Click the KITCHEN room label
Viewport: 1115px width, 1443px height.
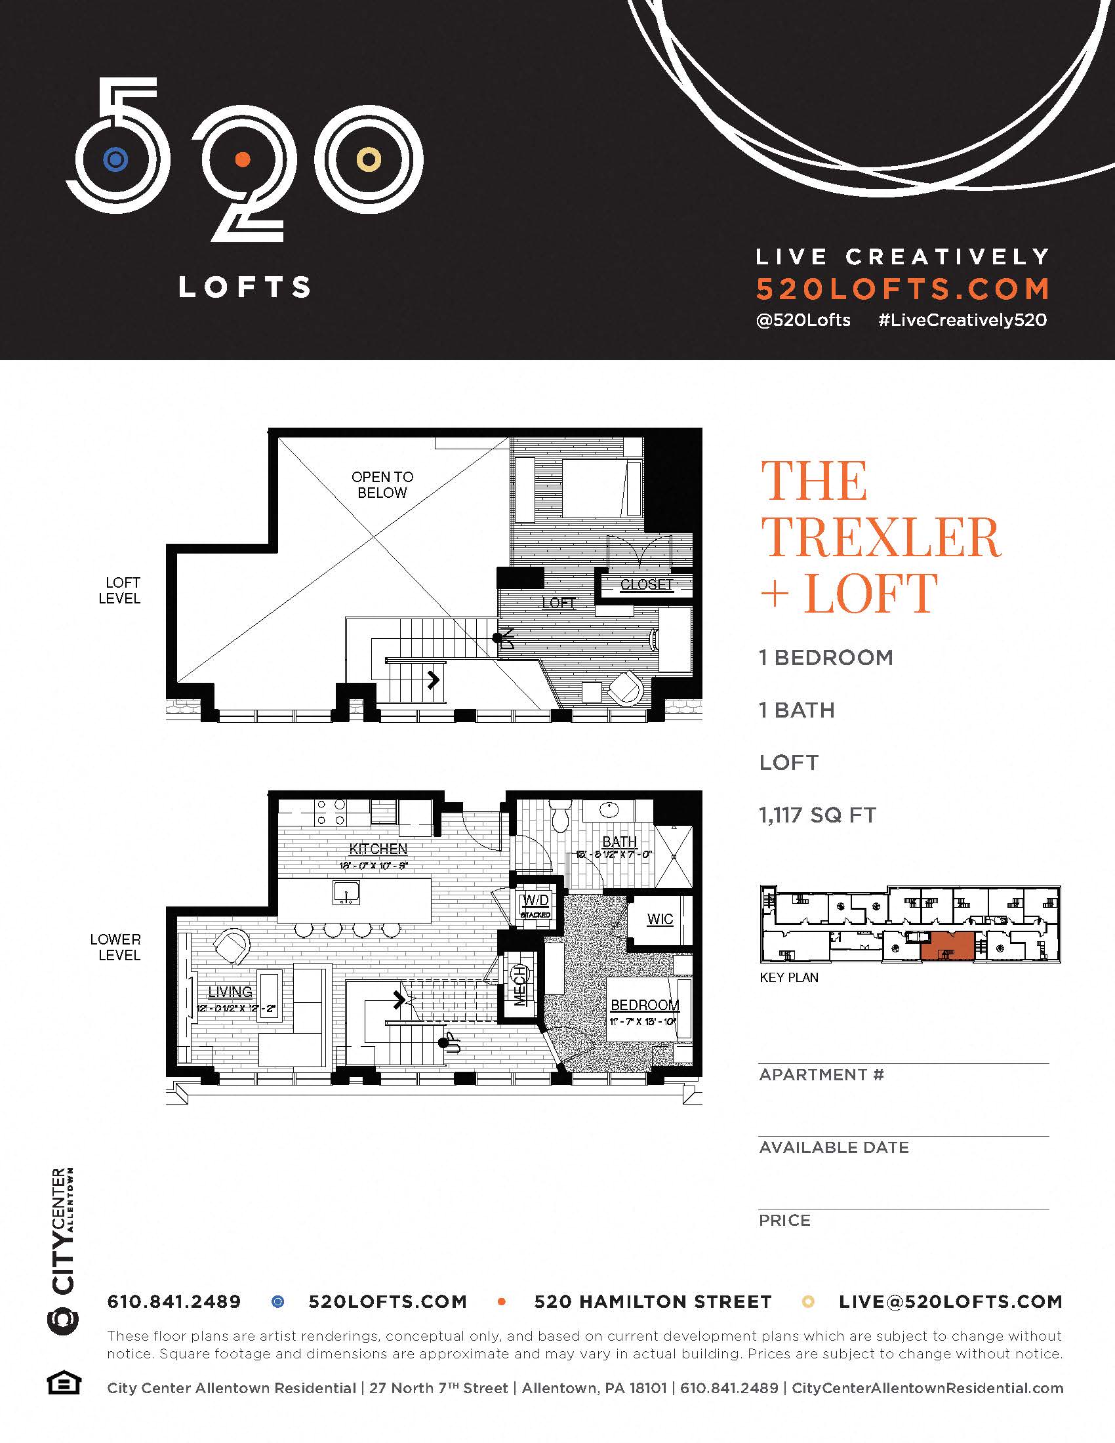tap(378, 849)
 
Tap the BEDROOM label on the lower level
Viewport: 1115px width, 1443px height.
tap(644, 1005)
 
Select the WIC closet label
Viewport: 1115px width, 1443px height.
tap(660, 919)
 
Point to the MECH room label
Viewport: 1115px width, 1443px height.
tap(521, 985)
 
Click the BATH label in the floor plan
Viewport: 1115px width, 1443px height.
tap(619, 842)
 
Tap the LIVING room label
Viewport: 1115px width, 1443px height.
tap(230, 992)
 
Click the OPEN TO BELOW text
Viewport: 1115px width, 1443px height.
tap(382, 485)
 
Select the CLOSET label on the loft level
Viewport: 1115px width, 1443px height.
tap(646, 584)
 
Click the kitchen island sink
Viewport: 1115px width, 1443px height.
tap(346, 893)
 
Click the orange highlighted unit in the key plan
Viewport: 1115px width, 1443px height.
tap(947, 946)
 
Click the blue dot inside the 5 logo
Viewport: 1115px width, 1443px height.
tap(115, 159)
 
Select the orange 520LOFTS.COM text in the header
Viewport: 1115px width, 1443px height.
tap(902, 289)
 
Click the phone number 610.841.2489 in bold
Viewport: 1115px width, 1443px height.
tap(174, 1301)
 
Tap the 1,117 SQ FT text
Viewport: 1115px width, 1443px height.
tap(817, 815)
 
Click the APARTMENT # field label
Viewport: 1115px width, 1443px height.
tap(821, 1074)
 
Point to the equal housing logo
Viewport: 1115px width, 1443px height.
tap(64, 1383)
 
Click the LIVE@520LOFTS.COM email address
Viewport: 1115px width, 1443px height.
tap(950, 1301)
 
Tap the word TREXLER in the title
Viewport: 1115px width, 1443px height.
tap(881, 537)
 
